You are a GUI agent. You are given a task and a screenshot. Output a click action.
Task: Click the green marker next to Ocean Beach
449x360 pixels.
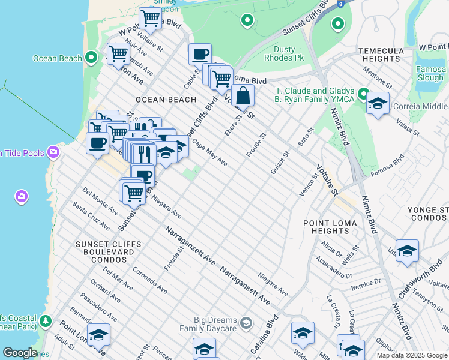pyautogui.click(x=91, y=58)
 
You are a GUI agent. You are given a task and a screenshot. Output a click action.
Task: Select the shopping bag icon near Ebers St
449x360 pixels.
pyautogui.click(x=243, y=96)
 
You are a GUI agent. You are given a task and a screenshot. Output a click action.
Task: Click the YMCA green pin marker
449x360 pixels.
pyautogui.click(x=363, y=94)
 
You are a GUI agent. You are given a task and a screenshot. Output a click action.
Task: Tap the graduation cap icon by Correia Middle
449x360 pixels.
pyautogui.click(x=378, y=104)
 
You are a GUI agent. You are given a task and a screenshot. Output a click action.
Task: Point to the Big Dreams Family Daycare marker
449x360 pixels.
pyautogui.click(x=246, y=324)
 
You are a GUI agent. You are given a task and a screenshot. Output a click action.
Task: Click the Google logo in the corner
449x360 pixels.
pyautogui.click(x=19, y=353)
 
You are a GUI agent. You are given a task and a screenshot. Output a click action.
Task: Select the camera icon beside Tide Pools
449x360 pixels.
pyautogui.click(x=53, y=152)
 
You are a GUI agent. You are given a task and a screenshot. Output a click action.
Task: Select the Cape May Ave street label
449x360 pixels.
pyautogui.click(x=209, y=153)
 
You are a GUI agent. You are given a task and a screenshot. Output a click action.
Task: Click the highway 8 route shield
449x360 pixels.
pyautogui.click(x=340, y=4)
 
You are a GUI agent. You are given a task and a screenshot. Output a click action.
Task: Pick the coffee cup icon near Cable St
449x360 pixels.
pyautogui.click(x=200, y=54)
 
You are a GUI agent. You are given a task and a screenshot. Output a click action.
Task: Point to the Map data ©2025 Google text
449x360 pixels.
pyautogui.click(x=412, y=355)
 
